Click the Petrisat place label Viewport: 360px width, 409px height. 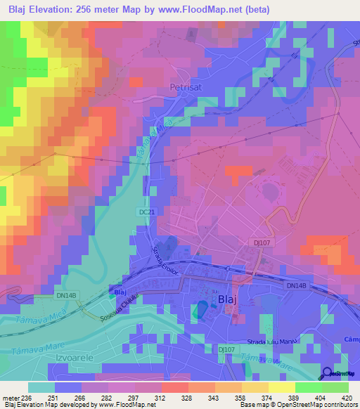pos(186,88)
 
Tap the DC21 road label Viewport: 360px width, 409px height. pos(146,211)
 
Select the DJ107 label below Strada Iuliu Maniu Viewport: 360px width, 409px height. pos(226,349)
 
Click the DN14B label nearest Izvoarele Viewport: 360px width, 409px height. pos(65,296)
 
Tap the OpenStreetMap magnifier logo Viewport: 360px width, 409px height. pos(328,374)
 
